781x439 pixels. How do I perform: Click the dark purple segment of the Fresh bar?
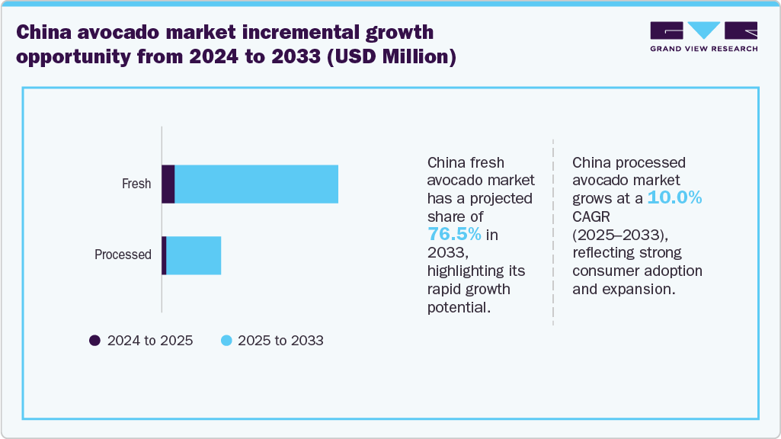point(168,184)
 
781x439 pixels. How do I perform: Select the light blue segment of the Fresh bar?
point(256,184)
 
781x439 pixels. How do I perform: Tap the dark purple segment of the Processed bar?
point(164,255)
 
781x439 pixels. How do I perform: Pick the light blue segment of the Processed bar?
point(194,255)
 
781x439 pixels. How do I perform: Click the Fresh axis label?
point(136,184)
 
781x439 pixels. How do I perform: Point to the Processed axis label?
point(123,255)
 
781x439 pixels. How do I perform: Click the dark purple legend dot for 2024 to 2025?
point(94,341)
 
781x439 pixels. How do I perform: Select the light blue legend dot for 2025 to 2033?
point(226,341)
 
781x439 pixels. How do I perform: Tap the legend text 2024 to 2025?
point(150,341)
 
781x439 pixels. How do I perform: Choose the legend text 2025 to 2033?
point(280,341)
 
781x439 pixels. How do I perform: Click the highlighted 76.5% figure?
point(454,233)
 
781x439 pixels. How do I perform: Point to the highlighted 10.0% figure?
point(674,198)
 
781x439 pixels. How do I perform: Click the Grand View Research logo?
point(703,30)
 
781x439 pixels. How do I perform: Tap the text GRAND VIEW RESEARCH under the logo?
point(703,49)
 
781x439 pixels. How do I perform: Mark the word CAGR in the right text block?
point(591,216)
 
